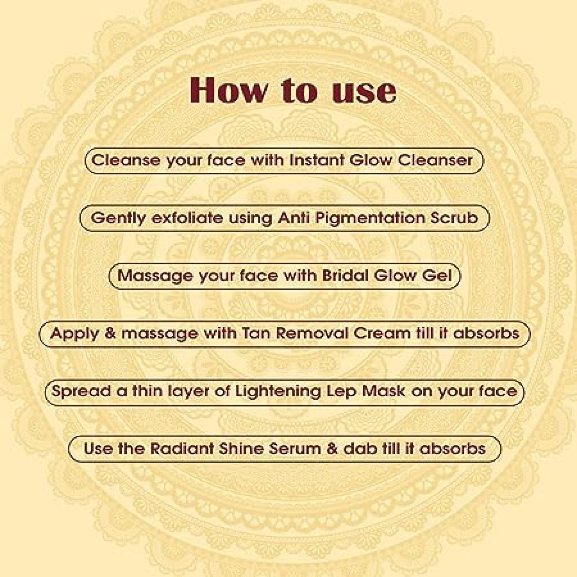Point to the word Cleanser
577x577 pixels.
click(x=435, y=160)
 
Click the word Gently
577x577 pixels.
click(x=118, y=218)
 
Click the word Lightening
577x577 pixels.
click(x=278, y=392)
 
